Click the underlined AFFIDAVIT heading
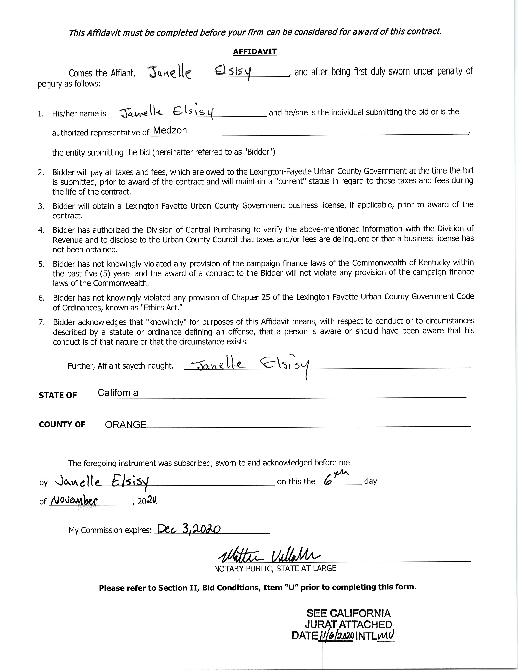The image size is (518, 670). (x=255, y=52)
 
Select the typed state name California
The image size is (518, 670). (x=118, y=393)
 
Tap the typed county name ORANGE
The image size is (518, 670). (x=126, y=424)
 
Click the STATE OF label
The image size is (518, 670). (x=58, y=395)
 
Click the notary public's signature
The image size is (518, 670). (x=269, y=555)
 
